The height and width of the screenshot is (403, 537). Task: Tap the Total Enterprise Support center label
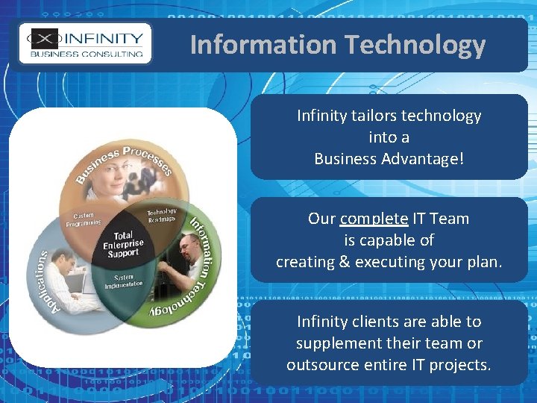pos(122,243)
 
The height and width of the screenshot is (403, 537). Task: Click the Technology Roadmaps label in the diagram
pos(161,215)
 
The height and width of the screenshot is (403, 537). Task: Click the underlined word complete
pos(374,219)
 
